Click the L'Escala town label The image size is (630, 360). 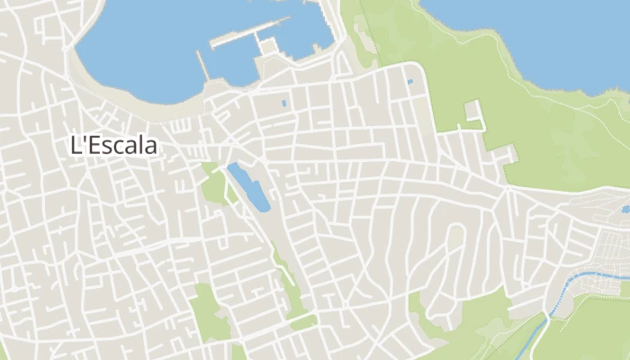point(113,145)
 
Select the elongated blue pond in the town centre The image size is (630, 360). point(248,186)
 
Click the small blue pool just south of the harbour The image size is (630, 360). point(284,103)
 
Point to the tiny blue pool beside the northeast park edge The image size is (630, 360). point(410,83)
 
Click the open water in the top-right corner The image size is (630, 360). point(540,36)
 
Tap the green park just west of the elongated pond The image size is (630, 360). point(214,187)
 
